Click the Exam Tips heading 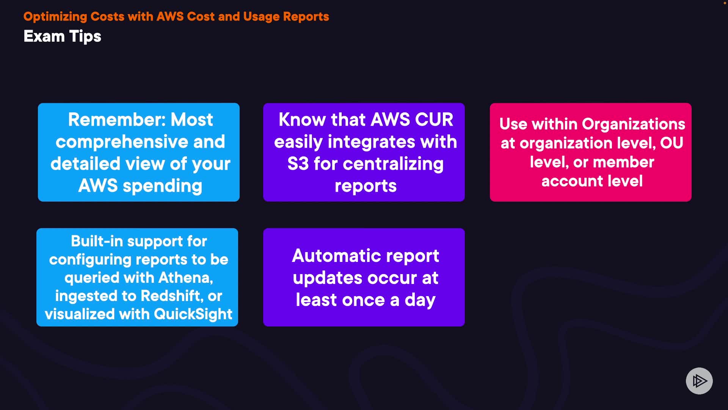coord(62,36)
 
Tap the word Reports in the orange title coord(306,16)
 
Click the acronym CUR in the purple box coord(434,120)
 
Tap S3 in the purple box coord(298,164)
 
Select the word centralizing coord(393,164)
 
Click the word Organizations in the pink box coord(634,125)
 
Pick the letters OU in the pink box coord(672,143)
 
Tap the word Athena coord(186,278)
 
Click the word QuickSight coord(193,314)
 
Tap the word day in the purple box coord(420,300)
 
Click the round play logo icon coord(699,381)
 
